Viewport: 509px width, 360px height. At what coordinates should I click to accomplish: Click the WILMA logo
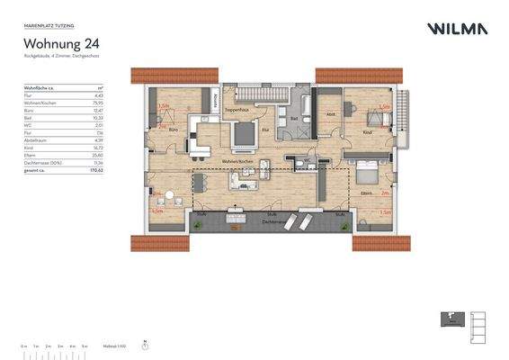pos(458,29)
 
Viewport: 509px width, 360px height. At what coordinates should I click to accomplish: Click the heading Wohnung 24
pos(60,42)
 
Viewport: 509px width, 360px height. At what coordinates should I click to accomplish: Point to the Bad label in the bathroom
pos(293,118)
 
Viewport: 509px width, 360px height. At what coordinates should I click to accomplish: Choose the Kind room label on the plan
pos(367,132)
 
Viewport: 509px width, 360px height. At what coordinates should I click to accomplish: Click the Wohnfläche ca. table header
pos(40,88)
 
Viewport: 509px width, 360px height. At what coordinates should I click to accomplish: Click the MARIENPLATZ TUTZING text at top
pos(47,27)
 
